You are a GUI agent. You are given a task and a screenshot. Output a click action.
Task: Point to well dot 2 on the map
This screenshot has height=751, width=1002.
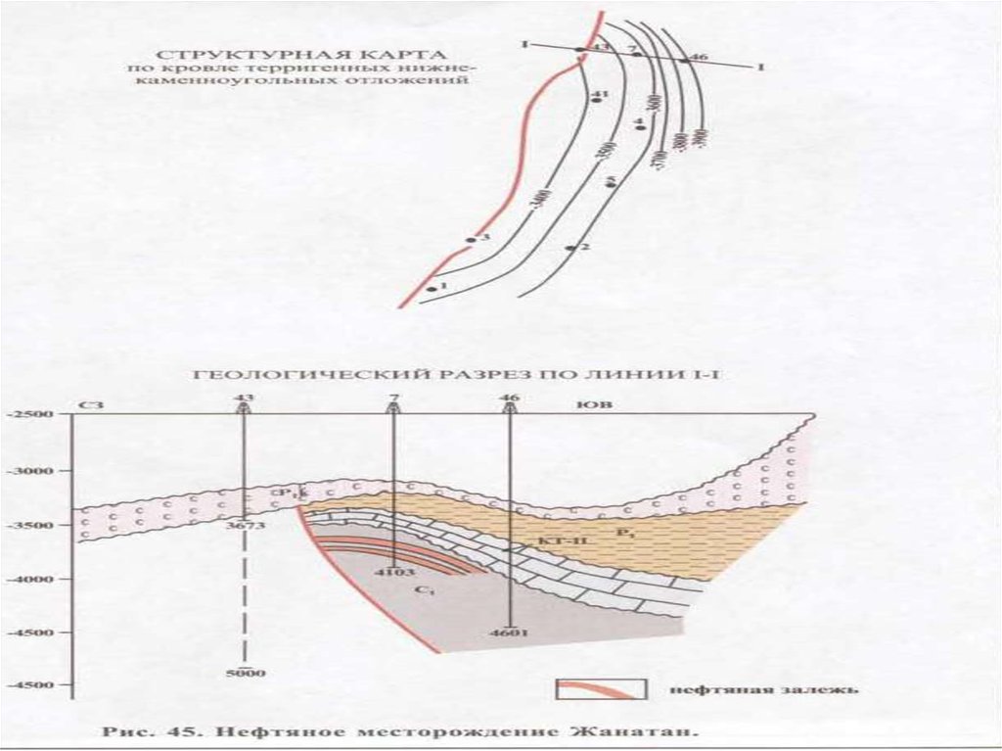click(x=572, y=248)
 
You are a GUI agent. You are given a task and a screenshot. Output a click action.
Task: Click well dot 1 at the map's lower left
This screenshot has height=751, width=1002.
click(x=431, y=289)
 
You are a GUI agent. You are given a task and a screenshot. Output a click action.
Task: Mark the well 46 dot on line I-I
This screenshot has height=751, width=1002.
click(x=683, y=61)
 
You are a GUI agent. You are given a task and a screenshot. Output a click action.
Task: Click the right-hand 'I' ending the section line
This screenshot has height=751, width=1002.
click(x=759, y=67)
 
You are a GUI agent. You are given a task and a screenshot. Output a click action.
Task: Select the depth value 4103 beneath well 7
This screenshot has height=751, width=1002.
click(x=392, y=570)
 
